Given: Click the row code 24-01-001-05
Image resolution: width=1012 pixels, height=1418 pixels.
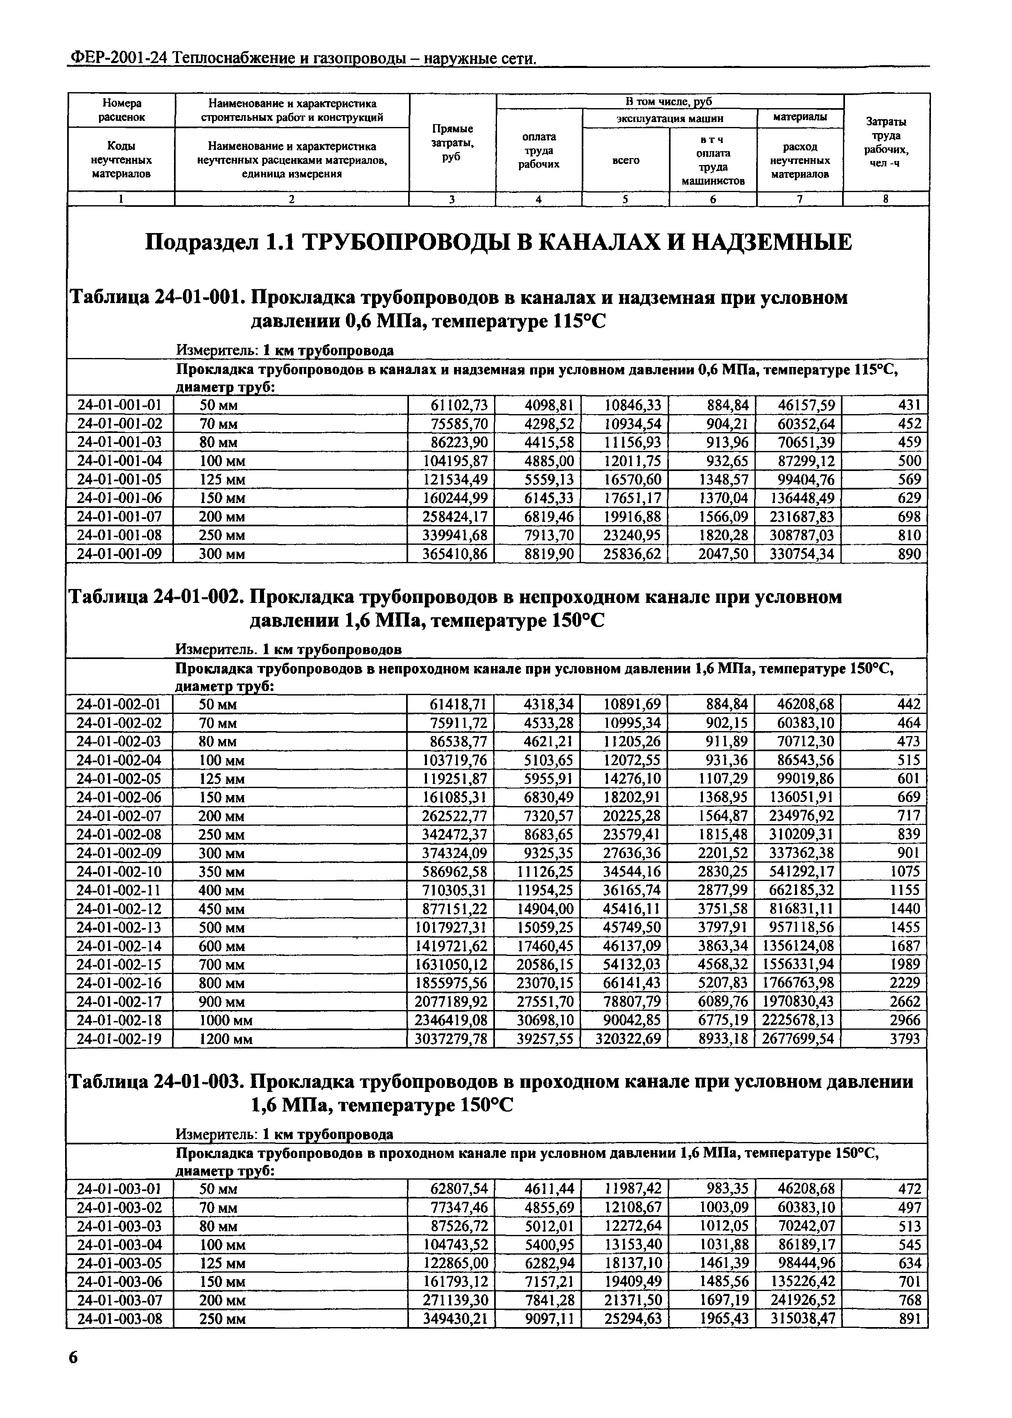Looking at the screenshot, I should (x=119, y=479).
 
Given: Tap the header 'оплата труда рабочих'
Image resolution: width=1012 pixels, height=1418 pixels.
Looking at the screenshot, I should (x=539, y=150).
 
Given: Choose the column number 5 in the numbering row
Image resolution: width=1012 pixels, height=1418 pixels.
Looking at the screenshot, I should (x=625, y=199).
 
